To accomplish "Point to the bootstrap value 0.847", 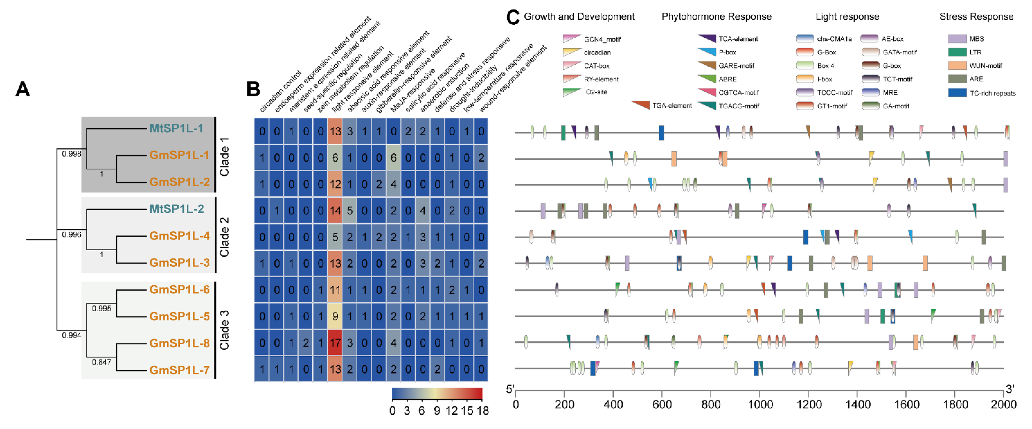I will (x=101, y=362).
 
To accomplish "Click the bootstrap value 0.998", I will (x=71, y=154).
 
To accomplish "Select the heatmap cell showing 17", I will (x=335, y=343).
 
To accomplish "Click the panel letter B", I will (x=253, y=89).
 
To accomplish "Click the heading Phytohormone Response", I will (x=716, y=16).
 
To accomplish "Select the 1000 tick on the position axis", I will (x=760, y=404).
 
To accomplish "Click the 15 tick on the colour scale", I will (x=467, y=411).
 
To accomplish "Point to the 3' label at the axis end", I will (x=1010, y=389).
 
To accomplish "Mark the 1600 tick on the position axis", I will (x=907, y=404).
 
